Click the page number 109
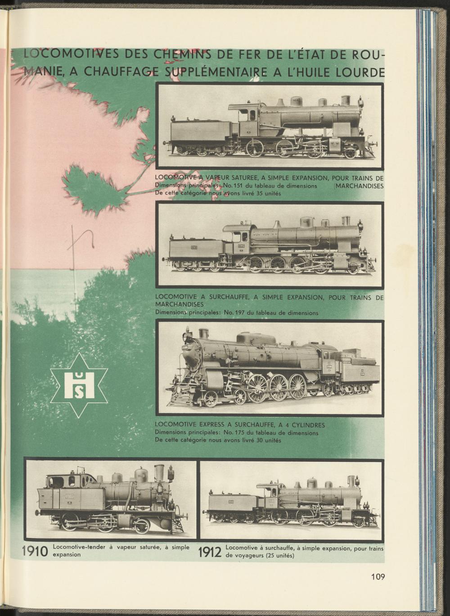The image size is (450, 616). pyautogui.click(x=378, y=577)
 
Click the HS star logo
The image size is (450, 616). pyautogui.click(x=79, y=385)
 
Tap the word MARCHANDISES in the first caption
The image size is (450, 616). pyautogui.click(x=359, y=186)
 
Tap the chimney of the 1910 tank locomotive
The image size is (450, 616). pyautogui.click(x=159, y=473)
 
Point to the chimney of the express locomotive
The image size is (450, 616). pyautogui.click(x=204, y=334)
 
